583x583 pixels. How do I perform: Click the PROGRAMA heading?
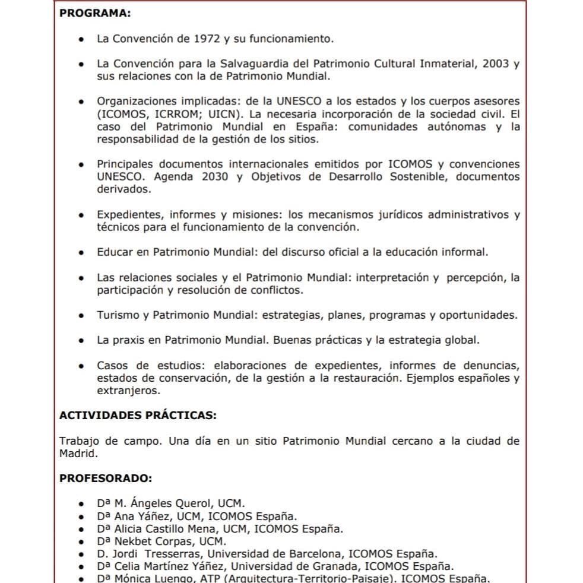pos(95,13)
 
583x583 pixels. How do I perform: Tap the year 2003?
pos(496,64)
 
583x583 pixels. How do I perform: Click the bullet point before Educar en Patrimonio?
pos(81,252)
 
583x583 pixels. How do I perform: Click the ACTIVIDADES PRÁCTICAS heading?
pos(138,416)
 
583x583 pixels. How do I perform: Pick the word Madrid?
pos(77,453)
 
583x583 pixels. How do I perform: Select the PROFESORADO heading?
pos(106,478)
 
